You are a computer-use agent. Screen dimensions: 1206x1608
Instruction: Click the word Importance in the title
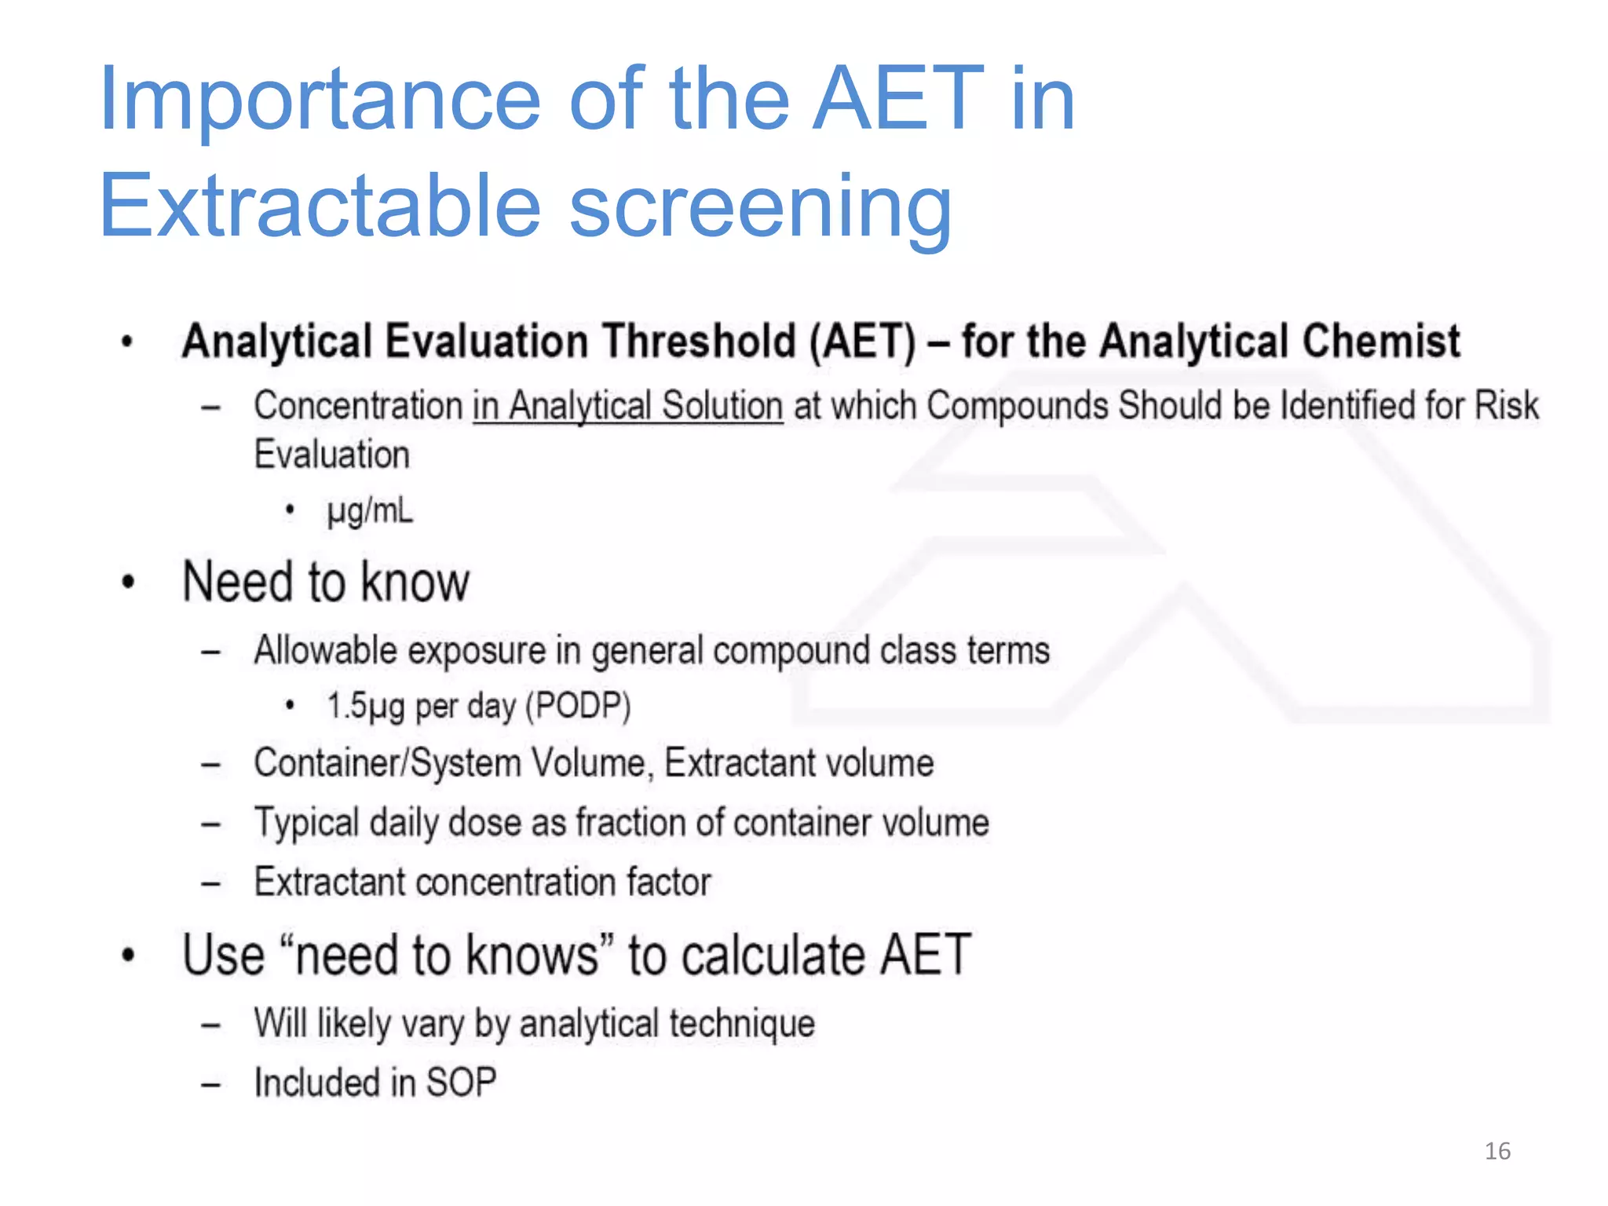(320, 100)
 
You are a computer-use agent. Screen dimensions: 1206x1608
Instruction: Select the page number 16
(1497, 1151)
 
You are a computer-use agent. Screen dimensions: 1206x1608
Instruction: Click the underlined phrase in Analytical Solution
(628, 407)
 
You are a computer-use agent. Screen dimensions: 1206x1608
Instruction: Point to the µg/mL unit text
(369, 512)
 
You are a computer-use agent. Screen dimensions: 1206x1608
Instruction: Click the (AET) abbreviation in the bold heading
(862, 342)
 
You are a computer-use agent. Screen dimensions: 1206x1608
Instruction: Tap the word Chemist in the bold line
(1381, 342)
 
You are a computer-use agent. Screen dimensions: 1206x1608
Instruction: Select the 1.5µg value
(366, 706)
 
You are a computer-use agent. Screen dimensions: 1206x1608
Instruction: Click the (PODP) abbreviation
(578, 706)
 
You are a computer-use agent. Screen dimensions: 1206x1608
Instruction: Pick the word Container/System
(387, 763)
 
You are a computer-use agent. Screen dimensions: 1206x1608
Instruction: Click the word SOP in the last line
(461, 1083)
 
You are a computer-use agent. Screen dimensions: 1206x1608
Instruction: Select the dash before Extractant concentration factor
(210, 883)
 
